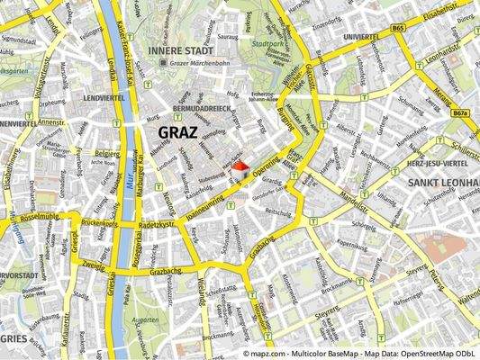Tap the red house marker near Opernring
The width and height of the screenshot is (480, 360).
[x=240, y=167]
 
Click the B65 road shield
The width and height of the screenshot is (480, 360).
[x=399, y=30]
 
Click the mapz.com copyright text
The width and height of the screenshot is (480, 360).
[x=360, y=354]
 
